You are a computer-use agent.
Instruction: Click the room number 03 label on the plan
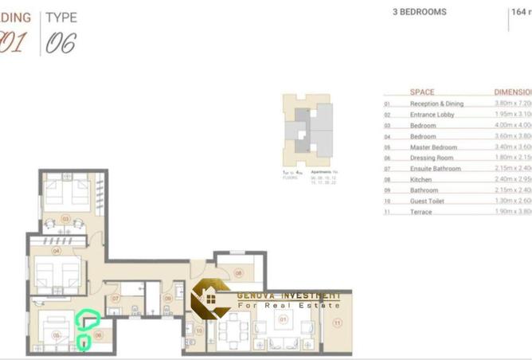tap(66, 218)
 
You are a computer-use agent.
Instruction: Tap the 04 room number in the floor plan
tap(56, 250)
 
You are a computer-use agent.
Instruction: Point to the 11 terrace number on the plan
tap(336, 323)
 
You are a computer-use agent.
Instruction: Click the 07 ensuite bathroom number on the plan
tap(115, 299)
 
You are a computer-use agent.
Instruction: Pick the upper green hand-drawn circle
tap(88, 319)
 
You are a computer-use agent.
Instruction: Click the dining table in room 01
tap(234, 329)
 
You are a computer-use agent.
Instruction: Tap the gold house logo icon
tap(212, 298)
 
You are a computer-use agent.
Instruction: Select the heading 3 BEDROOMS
tap(420, 13)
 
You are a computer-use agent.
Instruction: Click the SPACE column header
tap(422, 92)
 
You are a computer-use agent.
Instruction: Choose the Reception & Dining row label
tap(436, 104)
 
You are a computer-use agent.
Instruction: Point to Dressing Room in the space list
tap(431, 158)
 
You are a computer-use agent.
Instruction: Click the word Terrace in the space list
tap(421, 212)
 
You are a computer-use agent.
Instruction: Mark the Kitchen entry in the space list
tap(421, 179)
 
